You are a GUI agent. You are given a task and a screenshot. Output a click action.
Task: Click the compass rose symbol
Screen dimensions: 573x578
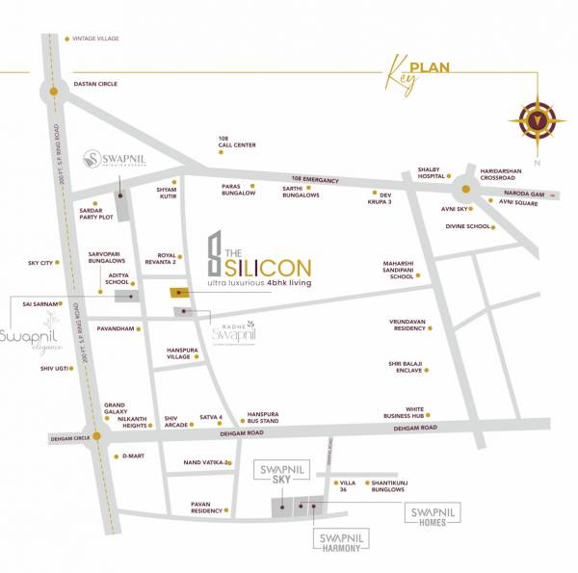[535, 121]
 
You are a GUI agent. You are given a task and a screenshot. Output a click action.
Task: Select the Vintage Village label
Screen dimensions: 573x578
[94, 39]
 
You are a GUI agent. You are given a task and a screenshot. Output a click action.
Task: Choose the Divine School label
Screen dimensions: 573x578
[466, 227]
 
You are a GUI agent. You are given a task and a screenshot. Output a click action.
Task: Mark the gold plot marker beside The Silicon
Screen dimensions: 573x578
[180, 293]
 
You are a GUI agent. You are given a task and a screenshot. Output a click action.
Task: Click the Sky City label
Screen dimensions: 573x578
[39, 262]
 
